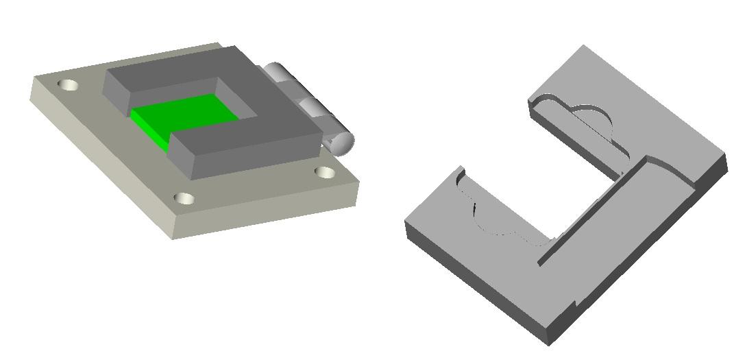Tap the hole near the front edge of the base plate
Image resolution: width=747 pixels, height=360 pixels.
click(184, 199)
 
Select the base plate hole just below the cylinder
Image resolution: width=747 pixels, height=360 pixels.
click(326, 172)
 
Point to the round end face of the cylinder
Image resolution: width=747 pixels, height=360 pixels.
click(341, 142)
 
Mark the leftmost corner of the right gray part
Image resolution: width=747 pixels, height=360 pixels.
click(406, 223)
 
